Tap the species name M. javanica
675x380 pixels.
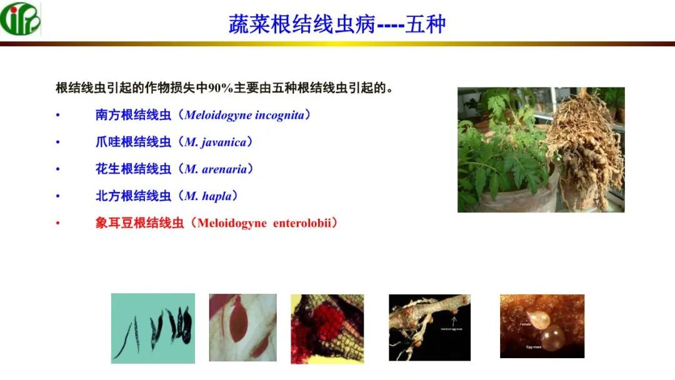pyautogui.click(x=215, y=142)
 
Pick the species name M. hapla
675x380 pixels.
pyautogui.click(x=209, y=196)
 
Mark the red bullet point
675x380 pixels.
pyautogui.click(x=58, y=223)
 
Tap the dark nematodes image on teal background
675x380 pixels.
pyautogui.click(x=153, y=328)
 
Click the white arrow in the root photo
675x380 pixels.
pyautogui.click(x=454, y=320)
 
